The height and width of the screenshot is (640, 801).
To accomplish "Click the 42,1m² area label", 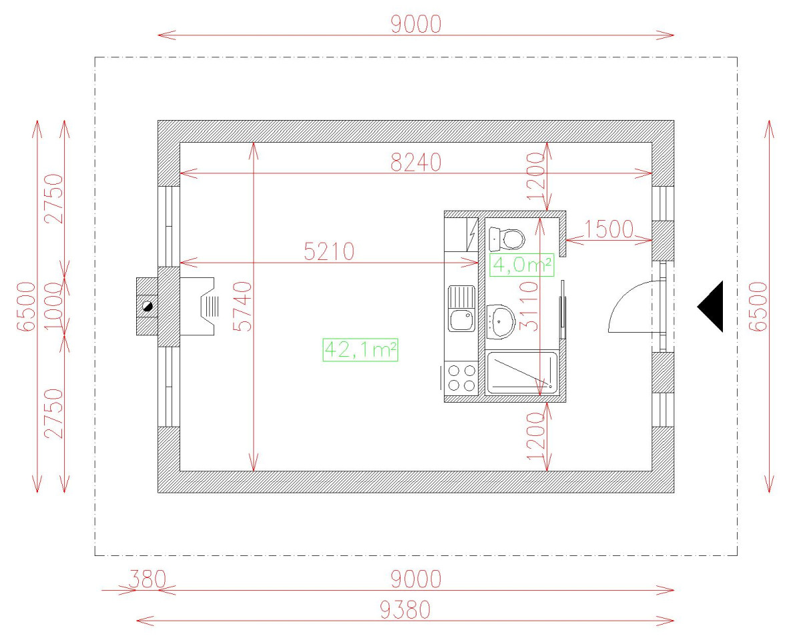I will tap(360, 349).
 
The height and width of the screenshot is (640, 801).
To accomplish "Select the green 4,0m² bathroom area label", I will tap(522, 265).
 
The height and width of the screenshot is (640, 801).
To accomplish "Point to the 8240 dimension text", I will tap(415, 162).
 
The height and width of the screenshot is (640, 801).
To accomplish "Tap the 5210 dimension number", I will tap(329, 251).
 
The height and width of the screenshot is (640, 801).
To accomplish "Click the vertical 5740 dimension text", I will tap(244, 306).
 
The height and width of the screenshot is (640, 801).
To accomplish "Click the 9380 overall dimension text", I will tap(405, 609).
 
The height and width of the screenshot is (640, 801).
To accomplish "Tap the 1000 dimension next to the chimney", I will tap(54, 305).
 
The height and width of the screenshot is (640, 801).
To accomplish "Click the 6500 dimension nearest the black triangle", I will tap(757, 306).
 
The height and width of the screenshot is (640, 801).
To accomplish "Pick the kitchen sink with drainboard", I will tap(462, 308).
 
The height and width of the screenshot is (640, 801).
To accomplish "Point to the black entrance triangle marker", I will tap(712, 307).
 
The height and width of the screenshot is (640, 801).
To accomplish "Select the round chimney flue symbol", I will tap(147, 306).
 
